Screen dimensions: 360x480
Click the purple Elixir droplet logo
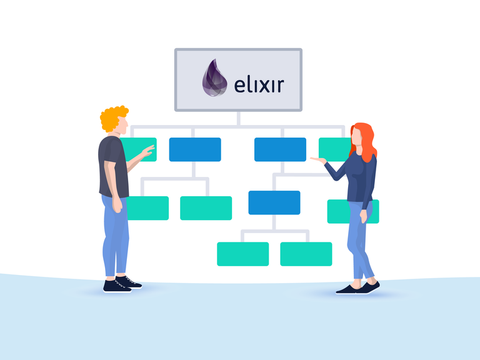point(214,79)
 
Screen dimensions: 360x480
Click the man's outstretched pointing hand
point(147,151)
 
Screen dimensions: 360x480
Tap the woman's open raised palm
point(317,160)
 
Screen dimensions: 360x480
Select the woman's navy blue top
point(362,177)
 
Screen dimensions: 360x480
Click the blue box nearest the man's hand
point(195,149)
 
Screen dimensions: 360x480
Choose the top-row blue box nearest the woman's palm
point(280,149)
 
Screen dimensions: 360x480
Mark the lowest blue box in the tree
point(274,202)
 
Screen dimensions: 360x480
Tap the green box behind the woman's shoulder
point(331,149)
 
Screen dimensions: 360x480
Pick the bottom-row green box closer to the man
point(242,254)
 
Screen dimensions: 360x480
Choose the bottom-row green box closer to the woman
point(306,254)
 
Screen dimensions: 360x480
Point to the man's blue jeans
point(115,234)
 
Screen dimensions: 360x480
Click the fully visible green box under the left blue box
point(206,208)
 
